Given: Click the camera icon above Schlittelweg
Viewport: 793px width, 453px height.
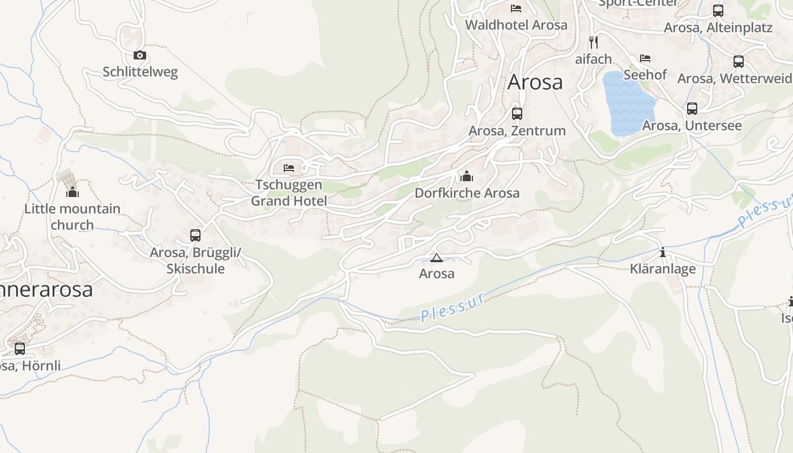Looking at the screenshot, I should pos(140,55).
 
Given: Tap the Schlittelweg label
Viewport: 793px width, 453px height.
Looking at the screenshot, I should pos(140,72).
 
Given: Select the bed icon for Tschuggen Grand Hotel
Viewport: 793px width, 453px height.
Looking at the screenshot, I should pos(289,168).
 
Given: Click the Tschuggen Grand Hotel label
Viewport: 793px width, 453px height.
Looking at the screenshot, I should pos(289,193).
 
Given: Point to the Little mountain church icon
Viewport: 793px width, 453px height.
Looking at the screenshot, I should pos(72,193).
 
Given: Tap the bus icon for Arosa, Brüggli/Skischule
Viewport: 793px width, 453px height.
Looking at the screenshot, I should pos(195,235).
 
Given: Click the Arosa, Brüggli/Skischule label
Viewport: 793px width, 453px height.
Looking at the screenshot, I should pos(195,260).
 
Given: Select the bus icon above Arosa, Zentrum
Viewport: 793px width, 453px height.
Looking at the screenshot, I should pos(517,113).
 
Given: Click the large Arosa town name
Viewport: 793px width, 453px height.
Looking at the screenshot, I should pos(535,82).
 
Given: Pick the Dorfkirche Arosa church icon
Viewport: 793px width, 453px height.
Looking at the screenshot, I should pos(467,176).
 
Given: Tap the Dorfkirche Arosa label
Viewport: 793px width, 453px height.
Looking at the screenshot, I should pos(467,193).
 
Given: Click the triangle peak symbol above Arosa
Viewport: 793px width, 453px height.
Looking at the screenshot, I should pos(436,258).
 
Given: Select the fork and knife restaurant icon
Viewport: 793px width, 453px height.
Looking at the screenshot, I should pos(593,41).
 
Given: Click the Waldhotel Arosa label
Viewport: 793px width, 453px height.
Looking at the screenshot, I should pos(516,25).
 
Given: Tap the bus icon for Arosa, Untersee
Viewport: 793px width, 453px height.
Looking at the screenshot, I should pos(692,108).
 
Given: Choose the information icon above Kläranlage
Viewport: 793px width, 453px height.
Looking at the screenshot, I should pos(662,252).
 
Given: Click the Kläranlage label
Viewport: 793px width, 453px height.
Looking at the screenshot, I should pos(663,269).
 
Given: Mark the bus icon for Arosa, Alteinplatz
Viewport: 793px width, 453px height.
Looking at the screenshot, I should pos(718,10).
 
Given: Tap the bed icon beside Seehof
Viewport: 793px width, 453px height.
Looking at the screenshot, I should pos(645,58).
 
